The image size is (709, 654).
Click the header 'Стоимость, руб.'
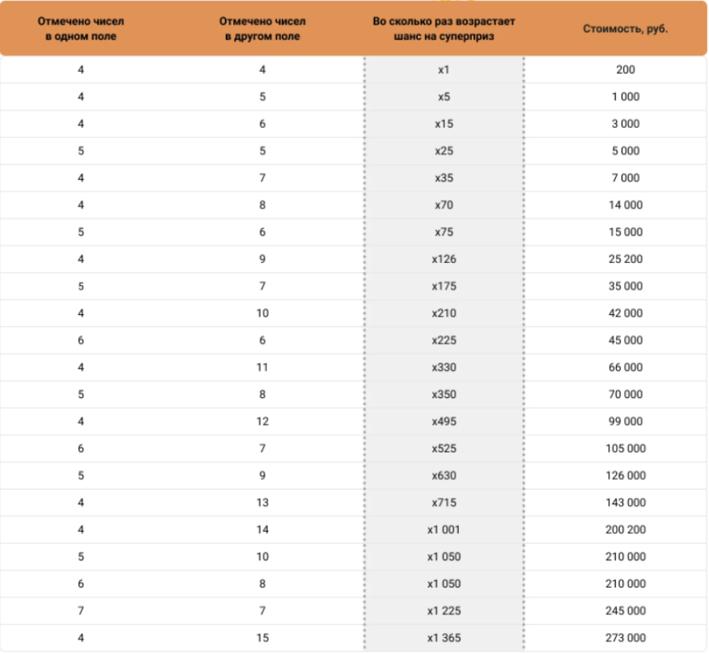pyautogui.click(x=625, y=29)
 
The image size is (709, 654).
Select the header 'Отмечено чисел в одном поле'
pyautogui.click(x=81, y=29)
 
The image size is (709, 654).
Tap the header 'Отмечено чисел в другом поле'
pyautogui.click(x=262, y=29)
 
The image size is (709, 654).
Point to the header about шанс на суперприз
pyautogui.click(x=444, y=29)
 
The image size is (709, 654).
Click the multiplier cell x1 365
pyautogui.click(x=444, y=638)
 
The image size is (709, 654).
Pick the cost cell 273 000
pyautogui.click(x=626, y=638)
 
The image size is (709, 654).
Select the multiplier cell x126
pyautogui.click(x=444, y=259)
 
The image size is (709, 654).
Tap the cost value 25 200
pyautogui.click(x=626, y=259)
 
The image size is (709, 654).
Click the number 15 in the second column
pyautogui.click(x=262, y=638)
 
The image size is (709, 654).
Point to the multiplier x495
pyautogui.click(x=444, y=422)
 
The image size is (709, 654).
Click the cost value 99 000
pyautogui.click(x=626, y=422)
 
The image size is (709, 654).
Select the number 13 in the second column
pyautogui.click(x=262, y=503)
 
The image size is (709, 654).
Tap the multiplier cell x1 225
pyautogui.click(x=444, y=611)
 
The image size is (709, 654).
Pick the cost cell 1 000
pyautogui.click(x=626, y=96)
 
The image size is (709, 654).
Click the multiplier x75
pyautogui.click(x=444, y=232)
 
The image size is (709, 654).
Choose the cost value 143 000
pyautogui.click(x=626, y=503)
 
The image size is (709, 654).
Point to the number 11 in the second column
pyautogui.click(x=262, y=367)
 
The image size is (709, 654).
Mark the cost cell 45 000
pyautogui.click(x=626, y=341)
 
